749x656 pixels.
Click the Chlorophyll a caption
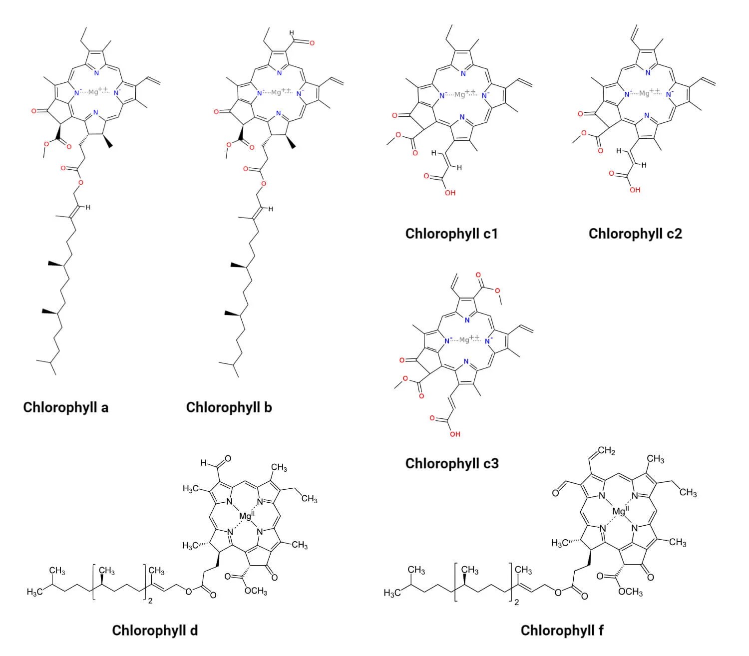(x=65, y=407)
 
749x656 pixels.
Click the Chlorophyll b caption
(x=229, y=407)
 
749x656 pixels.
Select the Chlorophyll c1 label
(x=451, y=234)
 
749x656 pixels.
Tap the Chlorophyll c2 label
(x=635, y=234)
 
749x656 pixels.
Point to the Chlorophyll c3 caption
(x=452, y=463)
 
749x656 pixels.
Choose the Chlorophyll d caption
(x=155, y=630)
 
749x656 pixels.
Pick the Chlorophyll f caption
(x=562, y=631)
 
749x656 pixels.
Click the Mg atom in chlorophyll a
(x=93, y=92)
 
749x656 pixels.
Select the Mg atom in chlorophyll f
(x=618, y=511)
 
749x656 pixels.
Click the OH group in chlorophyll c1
(x=450, y=193)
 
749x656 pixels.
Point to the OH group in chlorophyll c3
(x=454, y=434)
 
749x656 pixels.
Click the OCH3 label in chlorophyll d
(x=256, y=592)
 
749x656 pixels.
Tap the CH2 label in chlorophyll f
(x=606, y=451)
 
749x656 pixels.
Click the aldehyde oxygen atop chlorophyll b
(x=312, y=43)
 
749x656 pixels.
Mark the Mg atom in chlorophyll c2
(x=645, y=93)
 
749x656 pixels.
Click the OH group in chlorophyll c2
(x=635, y=190)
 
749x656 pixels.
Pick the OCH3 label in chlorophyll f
(x=630, y=593)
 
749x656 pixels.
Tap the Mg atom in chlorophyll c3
(x=464, y=340)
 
